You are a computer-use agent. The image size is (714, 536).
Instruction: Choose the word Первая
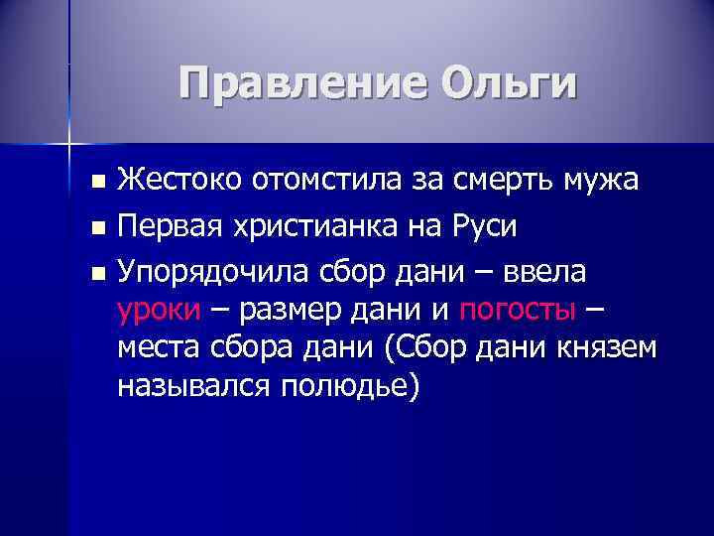[x=170, y=227]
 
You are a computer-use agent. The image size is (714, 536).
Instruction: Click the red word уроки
[x=158, y=312]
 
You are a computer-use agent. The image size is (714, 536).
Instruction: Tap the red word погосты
[x=517, y=312]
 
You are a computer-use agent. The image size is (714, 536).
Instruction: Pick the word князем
[x=606, y=348]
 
